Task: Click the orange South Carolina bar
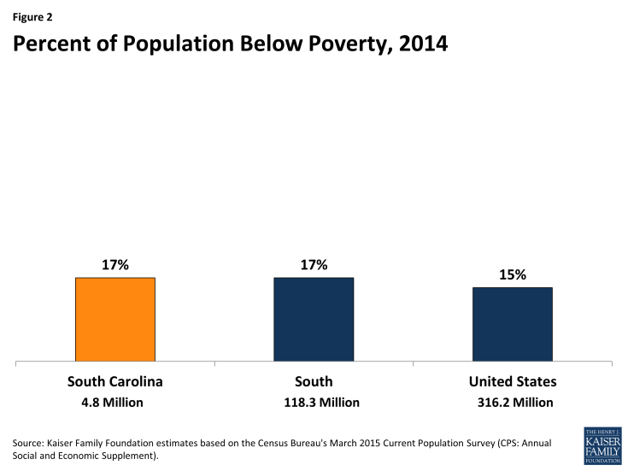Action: (x=114, y=318)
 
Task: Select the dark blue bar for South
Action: (x=314, y=318)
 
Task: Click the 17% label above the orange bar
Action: (x=114, y=265)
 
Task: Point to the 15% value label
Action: (x=513, y=275)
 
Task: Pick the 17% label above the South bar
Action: (x=314, y=265)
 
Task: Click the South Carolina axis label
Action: (x=114, y=381)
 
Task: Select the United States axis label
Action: (x=513, y=381)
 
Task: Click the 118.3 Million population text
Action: (x=314, y=403)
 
